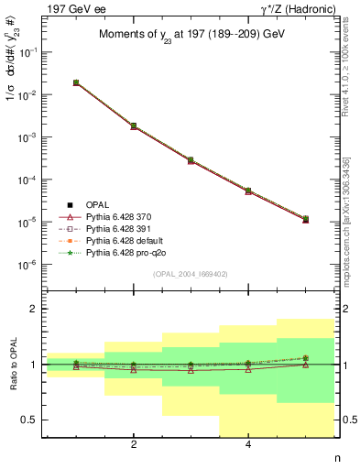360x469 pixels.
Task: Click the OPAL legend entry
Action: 87,203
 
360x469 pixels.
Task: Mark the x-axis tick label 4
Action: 248,445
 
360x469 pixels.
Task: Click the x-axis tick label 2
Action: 134,445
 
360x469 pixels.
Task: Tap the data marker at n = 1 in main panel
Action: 76,82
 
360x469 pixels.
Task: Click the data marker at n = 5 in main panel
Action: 305,220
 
